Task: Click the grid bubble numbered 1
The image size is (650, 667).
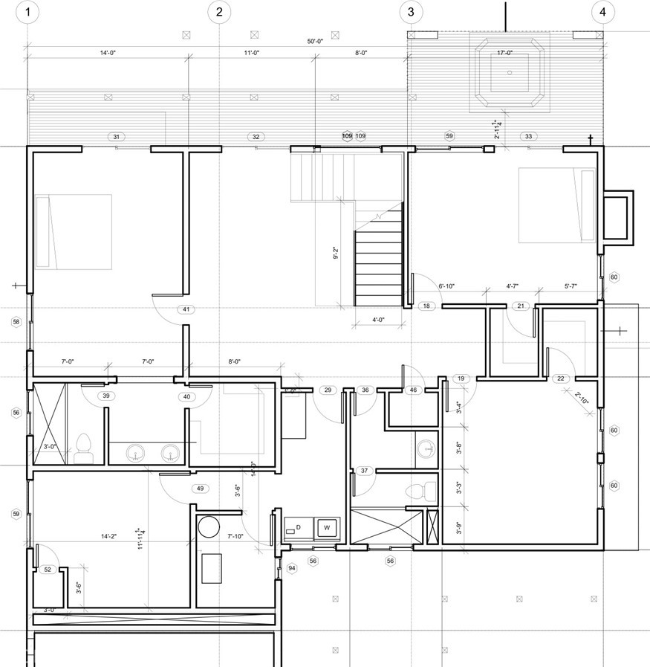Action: (27, 12)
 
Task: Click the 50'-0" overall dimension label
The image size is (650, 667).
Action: (315, 42)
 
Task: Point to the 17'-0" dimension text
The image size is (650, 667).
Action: (505, 53)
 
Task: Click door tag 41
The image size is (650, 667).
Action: (185, 309)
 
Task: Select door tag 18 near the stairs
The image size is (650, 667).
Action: (426, 306)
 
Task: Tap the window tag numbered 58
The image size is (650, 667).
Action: (16, 321)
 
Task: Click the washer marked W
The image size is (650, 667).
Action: (325, 528)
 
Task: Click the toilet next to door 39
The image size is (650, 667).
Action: (83, 445)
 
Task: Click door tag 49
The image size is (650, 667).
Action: (199, 489)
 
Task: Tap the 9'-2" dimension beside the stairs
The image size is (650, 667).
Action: (337, 254)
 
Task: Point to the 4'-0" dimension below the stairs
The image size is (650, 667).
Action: (377, 321)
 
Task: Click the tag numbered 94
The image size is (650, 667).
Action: (292, 569)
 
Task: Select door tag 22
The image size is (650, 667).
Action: (561, 378)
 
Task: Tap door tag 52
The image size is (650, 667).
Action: (48, 570)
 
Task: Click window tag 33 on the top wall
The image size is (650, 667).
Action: (528, 136)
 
